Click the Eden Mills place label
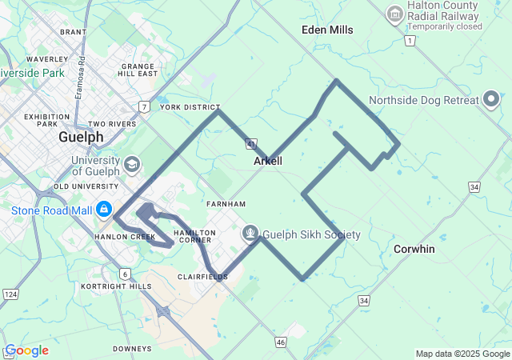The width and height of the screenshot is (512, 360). [x=327, y=30]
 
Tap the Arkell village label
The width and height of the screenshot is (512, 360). [x=268, y=161]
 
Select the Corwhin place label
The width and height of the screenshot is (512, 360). [x=414, y=249]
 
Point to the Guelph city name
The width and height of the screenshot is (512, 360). [x=81, y=137]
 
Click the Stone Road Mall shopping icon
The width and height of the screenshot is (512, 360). [x=103, y=210]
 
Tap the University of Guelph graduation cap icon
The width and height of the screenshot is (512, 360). [x=130, y=166]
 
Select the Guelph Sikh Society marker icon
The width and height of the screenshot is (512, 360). [x=250, y=234]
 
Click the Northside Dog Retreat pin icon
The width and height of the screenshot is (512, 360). [x=491, y=101]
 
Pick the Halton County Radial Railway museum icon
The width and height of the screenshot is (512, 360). [x=394, y=14]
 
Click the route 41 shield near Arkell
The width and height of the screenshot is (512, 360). [x=251, y=144]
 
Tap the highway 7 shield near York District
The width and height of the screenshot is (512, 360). [x=143, y=106]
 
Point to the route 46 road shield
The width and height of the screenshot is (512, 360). [x=280, y=342]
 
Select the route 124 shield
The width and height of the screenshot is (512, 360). [x=10, y=294]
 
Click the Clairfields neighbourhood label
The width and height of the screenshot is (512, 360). [x=202, y=277]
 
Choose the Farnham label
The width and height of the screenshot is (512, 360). [x=221, y=204]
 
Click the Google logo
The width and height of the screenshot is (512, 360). [x=26, y=350]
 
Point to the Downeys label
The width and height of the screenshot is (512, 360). [x=132, y=349]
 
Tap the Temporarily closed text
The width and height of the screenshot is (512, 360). [x=443, y=26]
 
